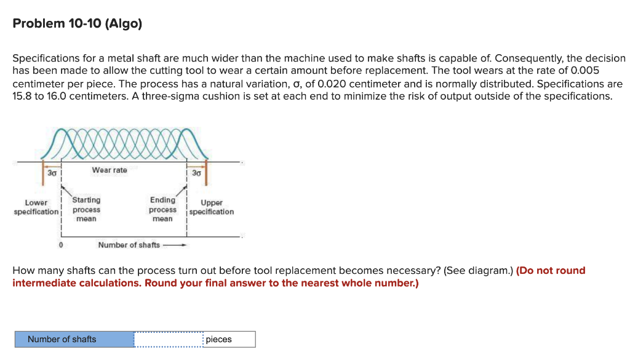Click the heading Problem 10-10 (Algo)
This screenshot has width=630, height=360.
click(x=77, y=24)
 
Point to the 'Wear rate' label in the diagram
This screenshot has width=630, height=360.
click(x=110, y=170)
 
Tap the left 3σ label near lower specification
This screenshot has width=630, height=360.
click(x=52, y=174)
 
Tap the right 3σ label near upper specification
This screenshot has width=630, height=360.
click(x=196, y=174)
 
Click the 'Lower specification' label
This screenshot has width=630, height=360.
click(x=36, y=207)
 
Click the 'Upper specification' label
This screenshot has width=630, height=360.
click(x=212, y=207)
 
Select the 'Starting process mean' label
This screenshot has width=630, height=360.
click(x=86, y=209)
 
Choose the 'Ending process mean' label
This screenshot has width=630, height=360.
click(x=162, y=209)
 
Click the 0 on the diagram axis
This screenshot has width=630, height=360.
click(x=60, y=245)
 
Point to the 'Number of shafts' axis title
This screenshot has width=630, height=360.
click(x=129, y=245)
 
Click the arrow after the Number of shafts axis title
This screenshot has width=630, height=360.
click(x=175, y=245)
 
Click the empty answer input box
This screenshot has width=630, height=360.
click(x=168, y=339)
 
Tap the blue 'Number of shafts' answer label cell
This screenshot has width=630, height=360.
click(x=74, y=339)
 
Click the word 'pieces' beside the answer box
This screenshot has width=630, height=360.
click(x=219, y=339)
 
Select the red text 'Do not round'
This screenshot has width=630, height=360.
click(x=551, y=271)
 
